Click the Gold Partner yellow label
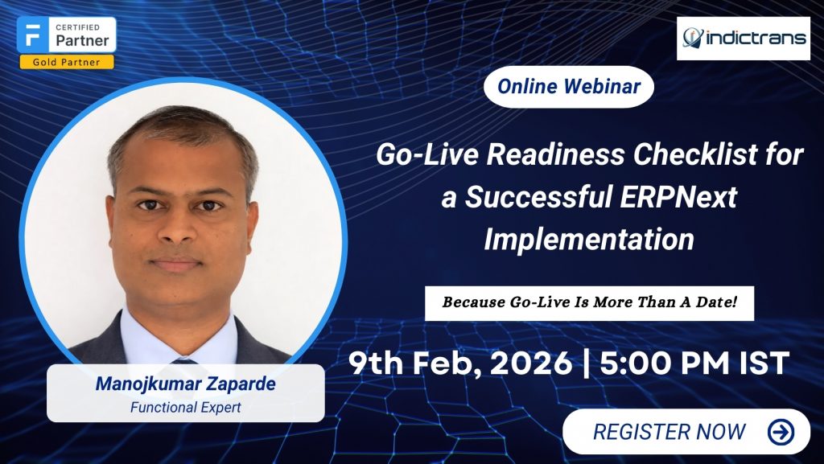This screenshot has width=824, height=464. click(66, 62)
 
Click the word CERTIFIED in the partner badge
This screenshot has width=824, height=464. click(79, 27)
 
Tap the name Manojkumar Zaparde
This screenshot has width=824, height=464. click(185, 384)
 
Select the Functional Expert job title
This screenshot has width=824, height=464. click(185, 408)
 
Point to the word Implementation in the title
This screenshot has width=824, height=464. click(589, 239)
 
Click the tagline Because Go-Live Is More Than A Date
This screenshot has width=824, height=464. click(589, 303)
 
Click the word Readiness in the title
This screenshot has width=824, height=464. click(554, 154)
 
